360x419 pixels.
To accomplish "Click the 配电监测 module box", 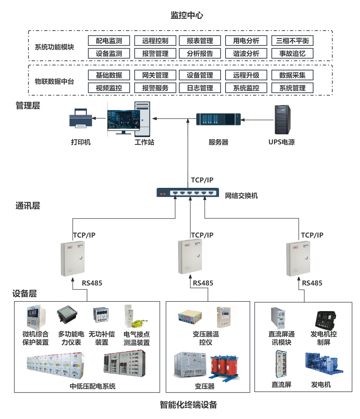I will [109, 41].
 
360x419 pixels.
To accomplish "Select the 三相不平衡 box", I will [292, 41].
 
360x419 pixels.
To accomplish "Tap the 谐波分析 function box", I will [246, 53].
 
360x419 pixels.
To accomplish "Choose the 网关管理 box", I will [155, 75].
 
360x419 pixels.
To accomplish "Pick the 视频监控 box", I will [109, 88].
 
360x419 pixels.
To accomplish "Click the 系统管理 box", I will [292, 88].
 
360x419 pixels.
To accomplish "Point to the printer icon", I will [80, 118].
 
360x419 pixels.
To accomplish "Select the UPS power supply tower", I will [282, 119].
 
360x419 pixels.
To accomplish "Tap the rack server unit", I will [218, 119].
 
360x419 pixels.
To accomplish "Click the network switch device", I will [188, 193].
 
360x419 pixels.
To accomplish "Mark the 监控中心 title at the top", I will [187, 15].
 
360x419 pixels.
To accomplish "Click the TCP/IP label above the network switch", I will [202, 180].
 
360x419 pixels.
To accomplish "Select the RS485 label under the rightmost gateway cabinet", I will [312, 283].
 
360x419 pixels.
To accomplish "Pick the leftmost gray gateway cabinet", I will [72, 259].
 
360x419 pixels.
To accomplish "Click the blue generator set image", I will [324, 364].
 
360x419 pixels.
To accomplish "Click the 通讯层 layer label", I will [28, 206].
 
